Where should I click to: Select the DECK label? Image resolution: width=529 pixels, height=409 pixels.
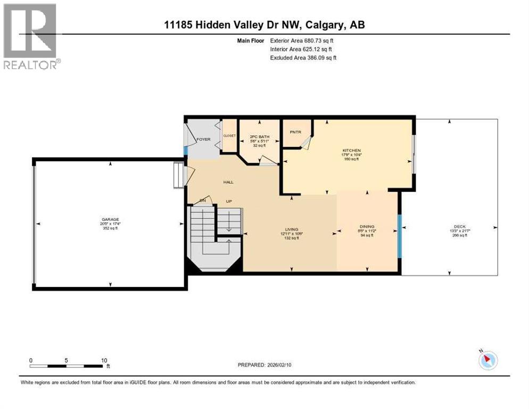click(x=459, y=226)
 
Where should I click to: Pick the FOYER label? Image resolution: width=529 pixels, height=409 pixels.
click(x=203, y=140)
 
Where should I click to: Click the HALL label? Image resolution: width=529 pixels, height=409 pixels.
click(x=228, y=182)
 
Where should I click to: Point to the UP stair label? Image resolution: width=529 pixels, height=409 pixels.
click(x=229, y=201)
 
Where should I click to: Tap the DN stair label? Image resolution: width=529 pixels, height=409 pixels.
click(x=203, y=200)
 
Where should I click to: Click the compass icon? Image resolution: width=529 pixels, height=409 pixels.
click(x=487, y=360)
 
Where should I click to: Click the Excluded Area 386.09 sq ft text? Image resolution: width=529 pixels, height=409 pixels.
click(x=303, y=58)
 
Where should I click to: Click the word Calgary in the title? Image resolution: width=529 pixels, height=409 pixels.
click(x=331, y=24)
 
